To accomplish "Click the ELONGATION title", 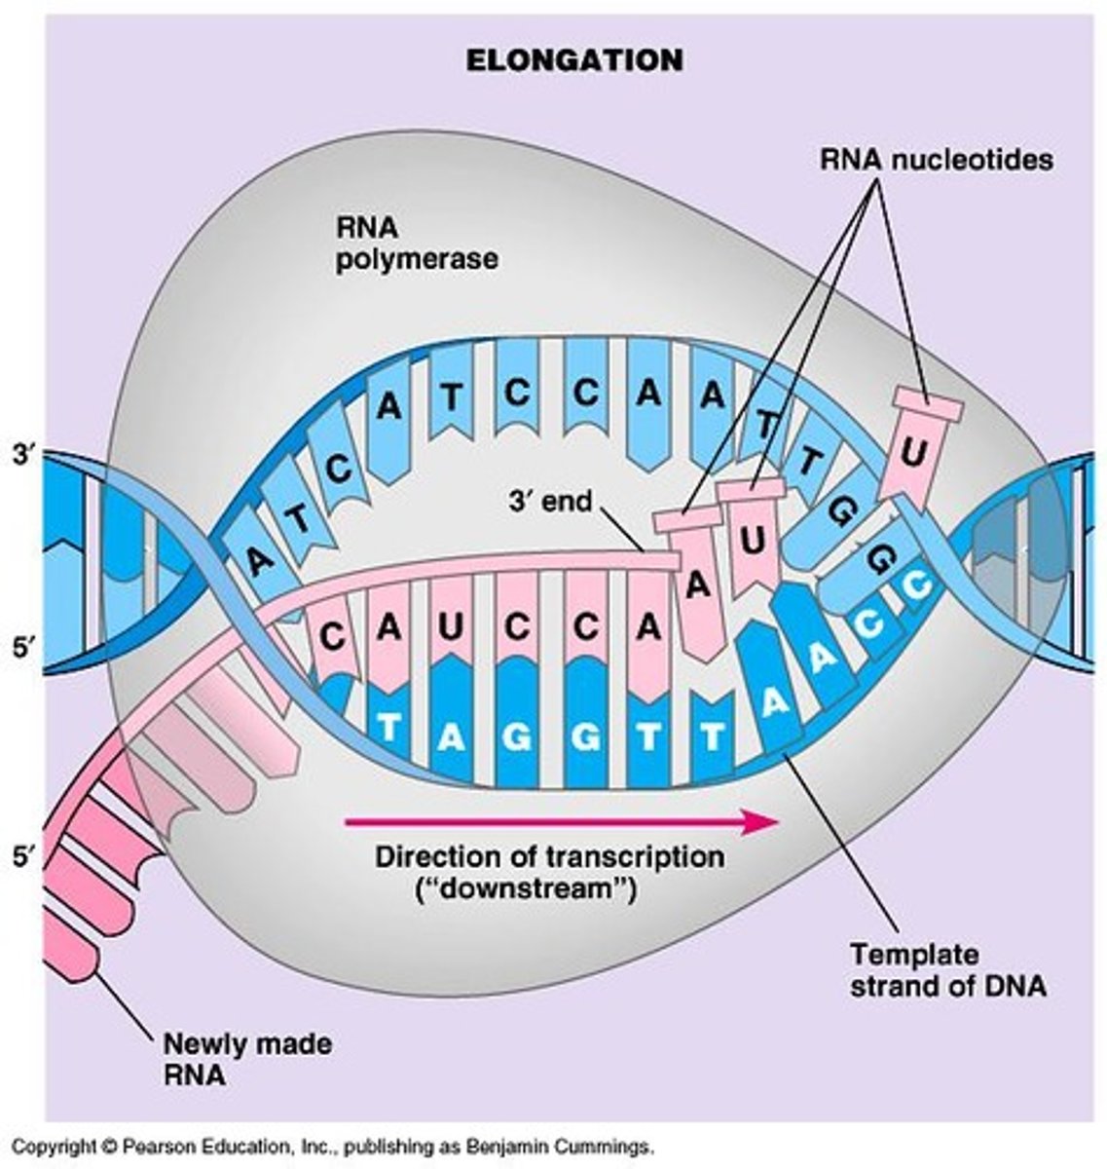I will pyautogui.click(x=573, y=59).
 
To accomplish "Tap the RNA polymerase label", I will pyautogui.click(x=417, y=244).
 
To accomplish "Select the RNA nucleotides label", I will pyautogui.click(x=934, y=158).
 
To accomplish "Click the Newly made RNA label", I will pyautogui.click(x=246, y=1060).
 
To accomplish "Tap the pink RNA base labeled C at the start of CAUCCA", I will pyautogui.click(x=333, y=636).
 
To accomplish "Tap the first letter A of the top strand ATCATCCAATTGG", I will pyautogui.click(x=257, y=559).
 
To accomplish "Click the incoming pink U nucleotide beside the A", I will pyautogui.click(x=755, y=536).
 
